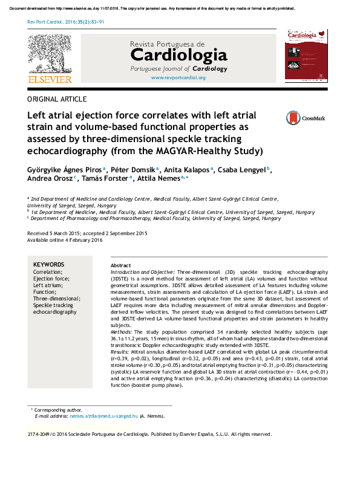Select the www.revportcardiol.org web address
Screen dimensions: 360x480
point(178,78)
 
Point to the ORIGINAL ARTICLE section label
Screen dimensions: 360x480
point(57,99)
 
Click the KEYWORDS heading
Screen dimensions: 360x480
point(48,265)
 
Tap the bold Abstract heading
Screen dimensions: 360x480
point(121,266)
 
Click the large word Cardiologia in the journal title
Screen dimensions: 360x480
point(178,57)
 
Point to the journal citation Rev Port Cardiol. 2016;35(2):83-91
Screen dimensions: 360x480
point(66,21)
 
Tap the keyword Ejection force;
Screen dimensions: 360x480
point(51,279)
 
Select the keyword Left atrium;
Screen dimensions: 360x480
point(47,285)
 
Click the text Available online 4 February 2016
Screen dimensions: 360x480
point(65,240)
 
